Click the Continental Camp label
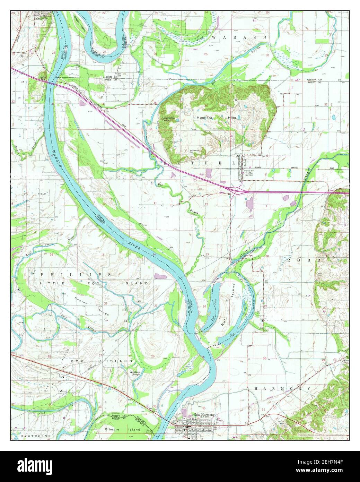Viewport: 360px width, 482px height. coord(170,118)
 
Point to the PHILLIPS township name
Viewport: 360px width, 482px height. coord(75,274)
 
